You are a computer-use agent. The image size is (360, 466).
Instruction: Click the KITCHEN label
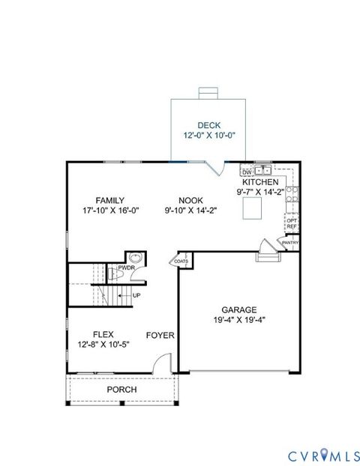pyautogui.click(x=260, y=182)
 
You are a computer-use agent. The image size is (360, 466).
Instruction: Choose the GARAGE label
pyautogui.click(x=238, y=309)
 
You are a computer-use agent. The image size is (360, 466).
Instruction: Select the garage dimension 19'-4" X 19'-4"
pyautogui.click(x=238, y=321)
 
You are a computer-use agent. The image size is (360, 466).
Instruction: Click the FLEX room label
pyautogui.click(x=103, y=335)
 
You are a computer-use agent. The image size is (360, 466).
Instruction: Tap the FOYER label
pyautogui.click(x=160, y=335)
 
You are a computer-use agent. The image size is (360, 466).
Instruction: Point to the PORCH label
pyautogui.click(x=121, y=390)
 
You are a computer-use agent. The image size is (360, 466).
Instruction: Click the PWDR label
pyautogui.click(x=125, y=267)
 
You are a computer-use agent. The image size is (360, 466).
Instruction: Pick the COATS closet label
pyautogui.click(x=181, y=261)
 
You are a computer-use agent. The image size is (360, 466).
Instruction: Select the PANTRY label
pyautogui.click(x=290, y=243)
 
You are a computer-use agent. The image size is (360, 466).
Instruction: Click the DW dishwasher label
pyautogui.click(x=246, y=172)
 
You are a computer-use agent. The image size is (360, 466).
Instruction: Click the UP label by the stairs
pyautogui.click(x=136, y=295)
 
